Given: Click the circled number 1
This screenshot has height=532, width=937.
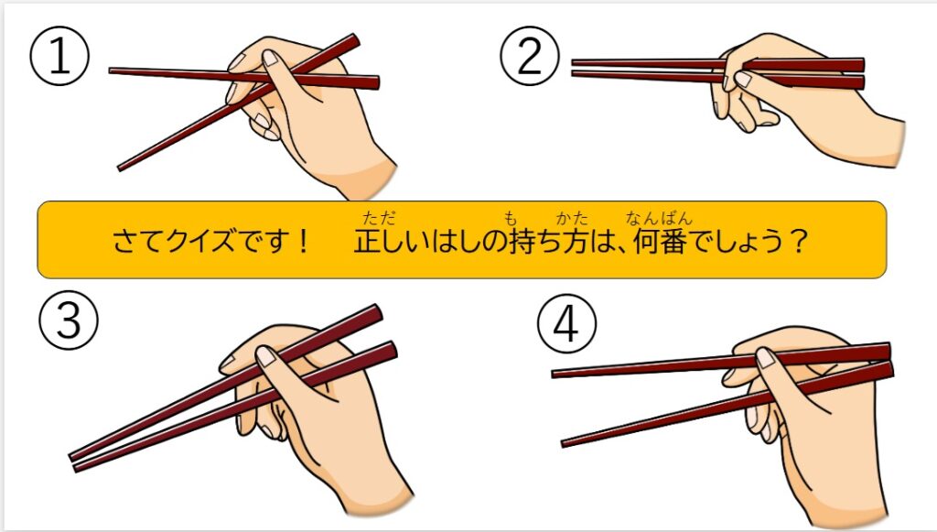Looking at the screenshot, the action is (x=59, y=56).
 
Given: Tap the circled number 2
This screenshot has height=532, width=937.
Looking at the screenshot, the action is (x=530, y=56).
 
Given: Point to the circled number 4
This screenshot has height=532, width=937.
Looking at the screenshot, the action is (x=565, y=324).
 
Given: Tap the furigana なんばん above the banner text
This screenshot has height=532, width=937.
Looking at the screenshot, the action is (x=659, y=218).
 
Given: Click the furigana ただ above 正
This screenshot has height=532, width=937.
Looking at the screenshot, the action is (x=379, y=218).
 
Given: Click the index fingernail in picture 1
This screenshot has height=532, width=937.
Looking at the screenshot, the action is (x=271, y=58).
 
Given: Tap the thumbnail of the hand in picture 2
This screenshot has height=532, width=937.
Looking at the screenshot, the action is (x=743, y=79).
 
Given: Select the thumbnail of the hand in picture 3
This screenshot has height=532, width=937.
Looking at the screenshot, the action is (x=264, y=356).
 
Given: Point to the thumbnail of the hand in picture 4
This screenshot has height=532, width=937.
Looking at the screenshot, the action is (x=766, y=358).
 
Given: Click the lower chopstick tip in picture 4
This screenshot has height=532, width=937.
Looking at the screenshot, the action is (x=563, y=443).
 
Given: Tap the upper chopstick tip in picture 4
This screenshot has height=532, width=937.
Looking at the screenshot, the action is (x=554, y=375).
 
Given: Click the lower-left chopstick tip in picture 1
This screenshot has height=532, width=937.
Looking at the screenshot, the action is (x=120, y=168).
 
